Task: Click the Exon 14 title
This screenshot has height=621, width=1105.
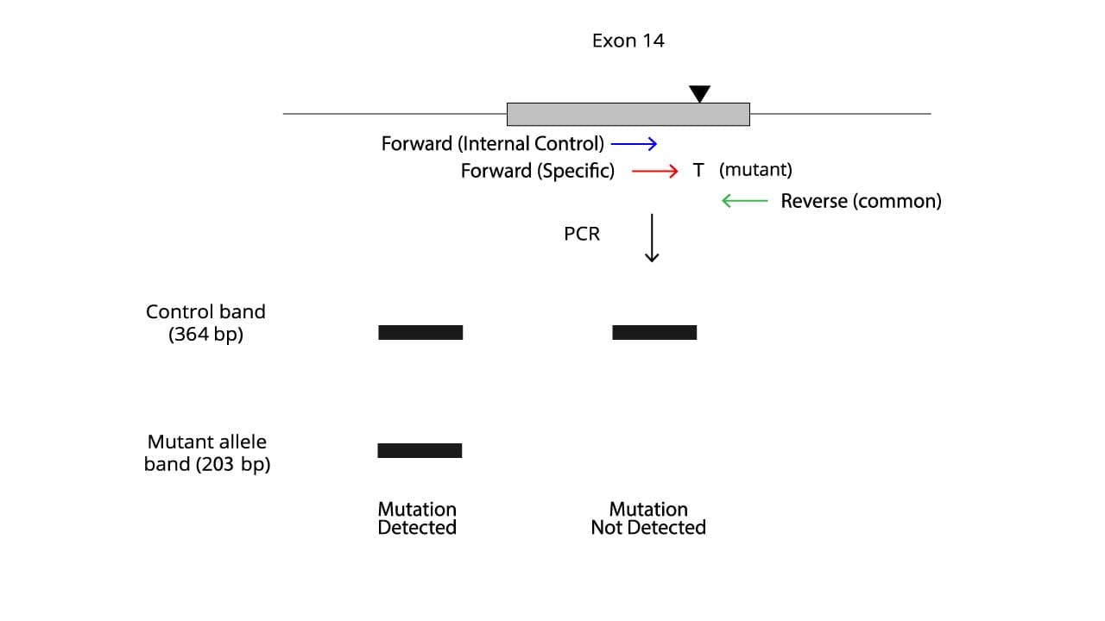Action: pos(628,41)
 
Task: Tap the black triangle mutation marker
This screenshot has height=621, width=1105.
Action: pos(699,93)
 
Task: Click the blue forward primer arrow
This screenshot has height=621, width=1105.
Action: pos(634,144)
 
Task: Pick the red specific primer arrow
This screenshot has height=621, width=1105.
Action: pos(655,171)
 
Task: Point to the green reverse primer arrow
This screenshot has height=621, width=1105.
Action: pos(744,201)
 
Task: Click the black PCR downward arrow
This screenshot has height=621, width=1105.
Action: pos(652,238)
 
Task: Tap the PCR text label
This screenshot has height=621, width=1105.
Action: pos(582,234)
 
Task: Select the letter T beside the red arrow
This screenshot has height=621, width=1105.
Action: pos(698,171)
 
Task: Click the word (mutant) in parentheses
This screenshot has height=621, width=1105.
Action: pos(755,170)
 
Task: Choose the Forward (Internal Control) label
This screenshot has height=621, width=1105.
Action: pos(493,143)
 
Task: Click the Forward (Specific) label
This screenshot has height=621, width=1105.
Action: pos(537,171)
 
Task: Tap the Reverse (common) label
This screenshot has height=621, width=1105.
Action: pos(861,201)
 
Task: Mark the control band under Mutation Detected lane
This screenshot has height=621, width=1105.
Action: pos(420,332)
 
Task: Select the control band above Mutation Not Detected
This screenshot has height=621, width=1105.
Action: pos(654,332)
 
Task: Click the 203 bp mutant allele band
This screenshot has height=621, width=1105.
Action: pos(420,450)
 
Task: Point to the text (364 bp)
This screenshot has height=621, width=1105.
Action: pos(205,335)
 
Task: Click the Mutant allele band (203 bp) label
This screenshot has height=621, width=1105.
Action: pos(207,453)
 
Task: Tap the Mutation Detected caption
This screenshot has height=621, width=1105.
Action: pos(417,518)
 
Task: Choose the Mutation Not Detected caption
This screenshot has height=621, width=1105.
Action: pos(648,518)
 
